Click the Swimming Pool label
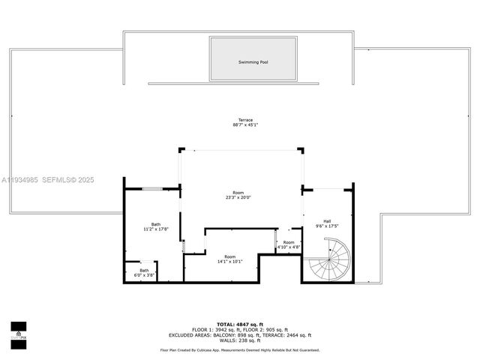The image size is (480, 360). point(253,62)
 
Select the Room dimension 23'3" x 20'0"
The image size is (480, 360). point(238,198)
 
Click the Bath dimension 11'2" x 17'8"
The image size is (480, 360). point(156,229)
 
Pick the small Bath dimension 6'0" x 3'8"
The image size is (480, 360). point(144,275)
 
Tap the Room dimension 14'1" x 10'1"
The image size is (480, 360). point(229,262)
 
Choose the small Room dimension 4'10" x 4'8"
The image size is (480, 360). point(289,247)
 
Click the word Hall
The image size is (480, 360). point(327,221)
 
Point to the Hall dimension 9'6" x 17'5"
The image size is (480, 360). point(327,226)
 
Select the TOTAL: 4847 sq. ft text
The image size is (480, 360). point(240,325)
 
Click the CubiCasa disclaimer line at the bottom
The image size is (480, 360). point(240,349)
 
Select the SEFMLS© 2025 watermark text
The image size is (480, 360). point(67,180)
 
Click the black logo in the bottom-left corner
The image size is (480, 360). point(18,331)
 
